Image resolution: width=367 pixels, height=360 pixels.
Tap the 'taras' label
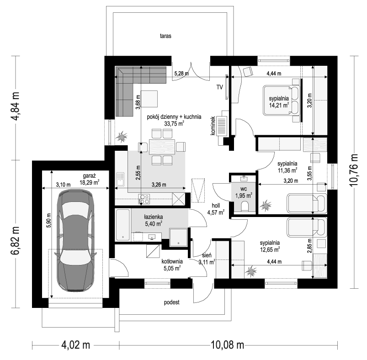[165, 36]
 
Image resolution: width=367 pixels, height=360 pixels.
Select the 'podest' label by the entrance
[171, 302]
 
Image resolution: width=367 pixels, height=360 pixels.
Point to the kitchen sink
[120, 179]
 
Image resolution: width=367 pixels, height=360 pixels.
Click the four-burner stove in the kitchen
[144, 199]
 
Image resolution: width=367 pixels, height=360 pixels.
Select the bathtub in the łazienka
[122, 225]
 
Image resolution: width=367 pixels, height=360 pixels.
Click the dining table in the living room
[162, 147]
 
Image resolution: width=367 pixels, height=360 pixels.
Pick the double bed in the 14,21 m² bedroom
[282, 101]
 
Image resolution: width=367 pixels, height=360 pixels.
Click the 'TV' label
[219, 87]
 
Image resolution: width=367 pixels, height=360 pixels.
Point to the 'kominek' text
[213, 126]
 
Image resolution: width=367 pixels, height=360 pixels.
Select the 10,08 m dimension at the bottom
[228, 345]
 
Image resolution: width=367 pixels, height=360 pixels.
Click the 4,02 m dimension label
[75, 345]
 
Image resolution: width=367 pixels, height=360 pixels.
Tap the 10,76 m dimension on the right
[354, 170]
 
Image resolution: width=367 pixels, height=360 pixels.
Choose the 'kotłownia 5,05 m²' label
[172, 265]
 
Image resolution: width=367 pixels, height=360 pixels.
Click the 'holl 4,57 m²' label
[216, 209]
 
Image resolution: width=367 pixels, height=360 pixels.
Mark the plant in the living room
[122, 137]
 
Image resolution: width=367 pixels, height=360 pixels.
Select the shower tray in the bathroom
[179, 238]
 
